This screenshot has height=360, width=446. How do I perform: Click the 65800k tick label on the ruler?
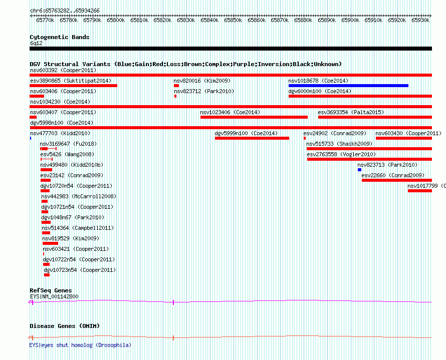116,21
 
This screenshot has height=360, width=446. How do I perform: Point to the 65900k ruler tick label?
350,21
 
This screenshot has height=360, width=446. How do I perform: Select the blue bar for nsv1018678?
348,86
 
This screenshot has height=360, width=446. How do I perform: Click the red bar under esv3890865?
73,86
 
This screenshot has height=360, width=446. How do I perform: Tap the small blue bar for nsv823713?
359,170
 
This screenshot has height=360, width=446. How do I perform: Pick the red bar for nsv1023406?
254,117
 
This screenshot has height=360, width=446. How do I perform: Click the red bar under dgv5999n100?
252,138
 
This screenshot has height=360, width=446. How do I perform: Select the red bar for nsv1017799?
420,191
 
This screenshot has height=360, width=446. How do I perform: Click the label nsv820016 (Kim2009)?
202,81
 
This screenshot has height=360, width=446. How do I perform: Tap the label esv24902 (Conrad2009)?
335,133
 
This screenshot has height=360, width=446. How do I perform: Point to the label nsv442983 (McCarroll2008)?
79,196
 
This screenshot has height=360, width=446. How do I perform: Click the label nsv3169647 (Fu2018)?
68,144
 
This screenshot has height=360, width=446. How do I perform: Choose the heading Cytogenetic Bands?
60,37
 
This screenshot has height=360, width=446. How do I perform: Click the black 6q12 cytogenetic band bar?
231,49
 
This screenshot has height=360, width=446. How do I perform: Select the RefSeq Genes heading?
51,290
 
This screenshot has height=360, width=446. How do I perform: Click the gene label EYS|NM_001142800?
54,296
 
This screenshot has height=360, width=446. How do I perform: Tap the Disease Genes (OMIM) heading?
65,326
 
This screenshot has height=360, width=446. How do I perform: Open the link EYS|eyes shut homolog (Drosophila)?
80,345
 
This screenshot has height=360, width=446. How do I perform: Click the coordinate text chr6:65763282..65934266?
65,11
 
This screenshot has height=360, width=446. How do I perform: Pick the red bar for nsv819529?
50,243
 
